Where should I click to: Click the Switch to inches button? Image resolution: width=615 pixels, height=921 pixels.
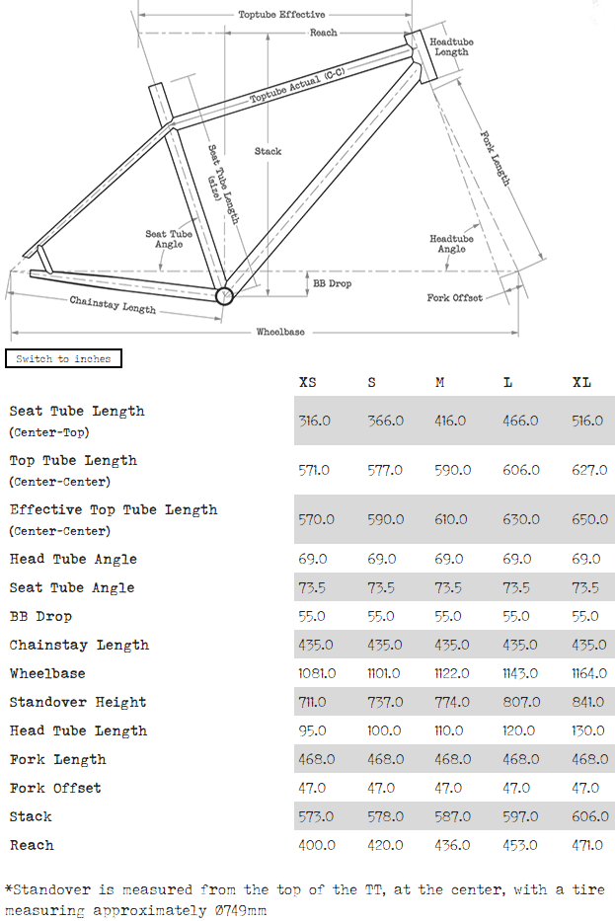click(x=63, y=358)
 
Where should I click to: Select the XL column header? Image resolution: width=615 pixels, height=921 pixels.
click(x=581, y=382)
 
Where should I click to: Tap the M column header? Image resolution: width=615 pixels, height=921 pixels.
click(x=439, y=382)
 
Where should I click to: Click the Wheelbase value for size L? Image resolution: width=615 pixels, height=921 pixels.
click(x=520, y=673)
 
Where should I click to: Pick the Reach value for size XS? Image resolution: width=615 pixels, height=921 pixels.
click(x=317, y=845)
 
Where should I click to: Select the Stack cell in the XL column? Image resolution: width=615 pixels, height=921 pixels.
click(x=588, y=816)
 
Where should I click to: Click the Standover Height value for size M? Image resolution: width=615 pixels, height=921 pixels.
click(x=452, y=702)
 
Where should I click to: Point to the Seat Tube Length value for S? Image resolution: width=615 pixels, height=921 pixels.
click(x=385, y=421)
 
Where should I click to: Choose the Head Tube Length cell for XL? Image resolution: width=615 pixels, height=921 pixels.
click(x=588, y=730)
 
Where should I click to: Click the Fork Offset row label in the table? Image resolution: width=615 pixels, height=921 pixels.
click(x=55, y=788)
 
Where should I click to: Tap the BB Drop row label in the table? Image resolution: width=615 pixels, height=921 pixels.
click(x=40, y=616)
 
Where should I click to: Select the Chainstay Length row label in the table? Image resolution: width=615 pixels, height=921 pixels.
click(x=79, y=645)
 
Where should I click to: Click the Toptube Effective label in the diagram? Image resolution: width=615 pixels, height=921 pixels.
click(x=281, y=15)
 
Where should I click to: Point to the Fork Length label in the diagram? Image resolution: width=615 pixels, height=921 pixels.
click(x=495, y=158)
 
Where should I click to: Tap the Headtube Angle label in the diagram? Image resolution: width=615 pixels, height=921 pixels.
click(x=451, y=243)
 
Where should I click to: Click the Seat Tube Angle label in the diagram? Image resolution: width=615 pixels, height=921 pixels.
click(x=169, y=239)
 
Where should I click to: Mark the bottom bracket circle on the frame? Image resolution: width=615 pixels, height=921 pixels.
click(x=225, y=294)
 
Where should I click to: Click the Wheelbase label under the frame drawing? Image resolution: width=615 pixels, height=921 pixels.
click(x=280, y=332)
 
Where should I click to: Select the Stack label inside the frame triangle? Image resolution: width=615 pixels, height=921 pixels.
click(x=268, y=151)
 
